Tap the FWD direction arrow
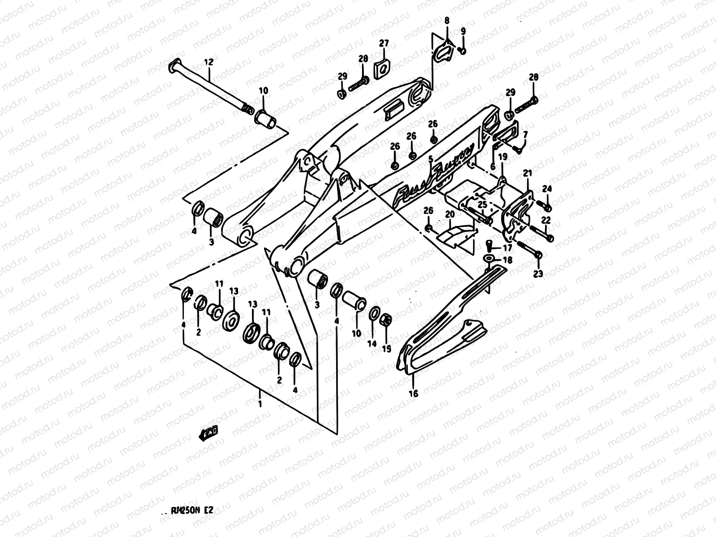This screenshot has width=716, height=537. pos(209,433)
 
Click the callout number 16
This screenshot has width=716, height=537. pos(413,394)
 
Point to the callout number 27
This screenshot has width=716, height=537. pos(384,43)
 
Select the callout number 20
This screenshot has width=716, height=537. pos(450,215)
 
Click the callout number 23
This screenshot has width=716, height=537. pos(538,274)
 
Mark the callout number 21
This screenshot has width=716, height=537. pos(527,173)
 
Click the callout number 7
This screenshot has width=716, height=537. pos(525,134)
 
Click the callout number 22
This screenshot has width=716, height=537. pos(546,220)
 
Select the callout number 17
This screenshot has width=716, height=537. pos(507,247)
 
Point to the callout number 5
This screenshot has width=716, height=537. pos(430,158)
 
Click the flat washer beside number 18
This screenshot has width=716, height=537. pos(489,258)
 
